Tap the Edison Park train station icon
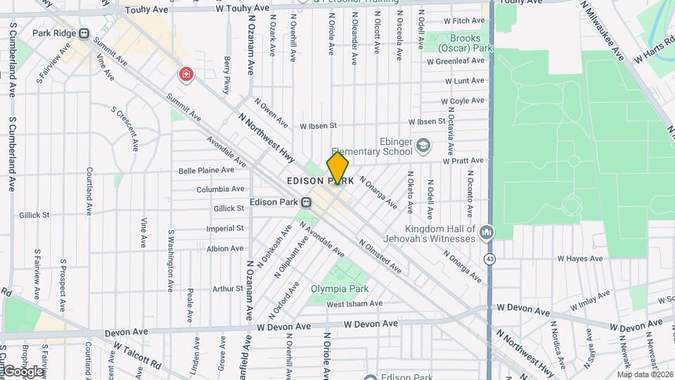[307, 203]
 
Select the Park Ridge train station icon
[84, 33]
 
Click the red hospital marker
[186, 74]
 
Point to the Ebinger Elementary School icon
[423, 146]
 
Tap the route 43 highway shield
[488, 259]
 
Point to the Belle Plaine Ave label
[206, 170]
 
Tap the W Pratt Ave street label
[463, 161]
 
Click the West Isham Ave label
[354, 304]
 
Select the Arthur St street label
[228, 289]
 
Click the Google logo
[22, 371]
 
